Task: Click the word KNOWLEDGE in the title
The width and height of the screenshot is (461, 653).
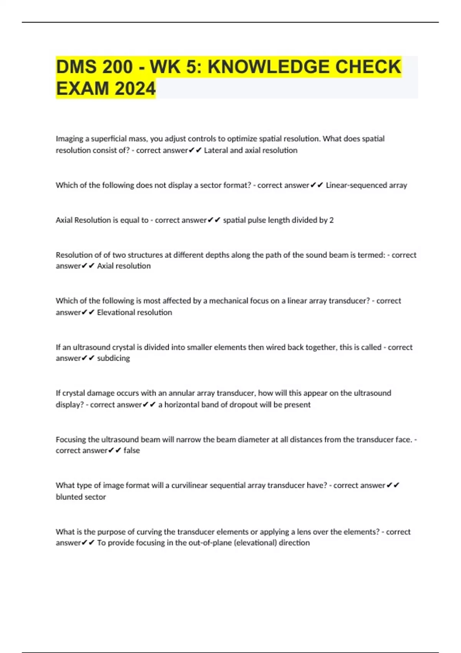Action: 269,67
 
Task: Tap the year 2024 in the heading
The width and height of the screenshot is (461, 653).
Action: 135,89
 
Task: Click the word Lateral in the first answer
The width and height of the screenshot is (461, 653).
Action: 216,150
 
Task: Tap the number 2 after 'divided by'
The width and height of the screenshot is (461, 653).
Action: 332,220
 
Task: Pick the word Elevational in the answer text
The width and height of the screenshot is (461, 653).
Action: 116,312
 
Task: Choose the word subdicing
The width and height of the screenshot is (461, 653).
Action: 113,358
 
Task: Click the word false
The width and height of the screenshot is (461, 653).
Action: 132,450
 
